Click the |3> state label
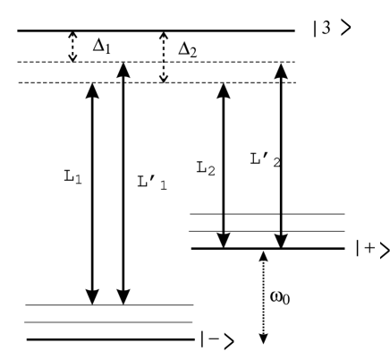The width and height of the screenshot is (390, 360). click(x=332, y=29)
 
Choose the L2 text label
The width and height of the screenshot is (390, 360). click(x=207, y=167)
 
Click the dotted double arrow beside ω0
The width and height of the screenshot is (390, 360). click(x=263, y=296)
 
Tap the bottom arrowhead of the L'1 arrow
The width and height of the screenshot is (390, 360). click(x=124, y=296)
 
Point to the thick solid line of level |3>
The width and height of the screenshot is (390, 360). click(x=152, y=31)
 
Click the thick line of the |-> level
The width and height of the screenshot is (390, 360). click(x=107, y=339)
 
